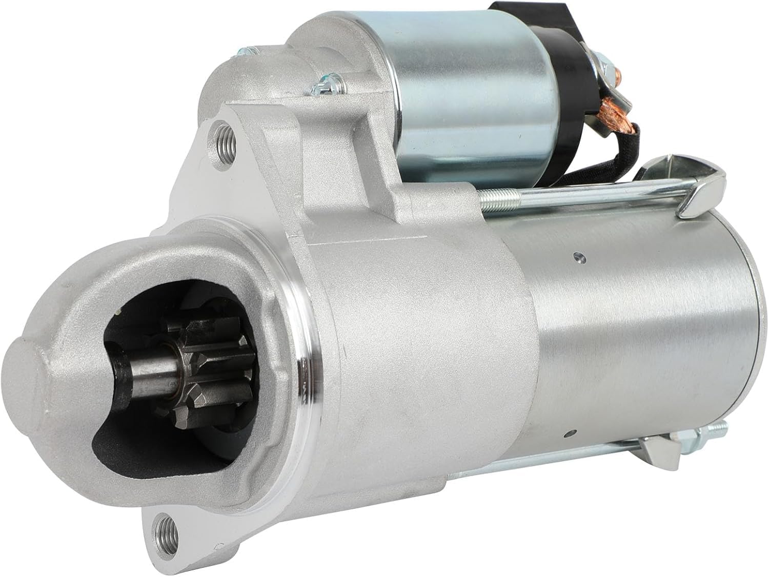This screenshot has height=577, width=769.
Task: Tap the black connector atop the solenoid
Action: point(518,10)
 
